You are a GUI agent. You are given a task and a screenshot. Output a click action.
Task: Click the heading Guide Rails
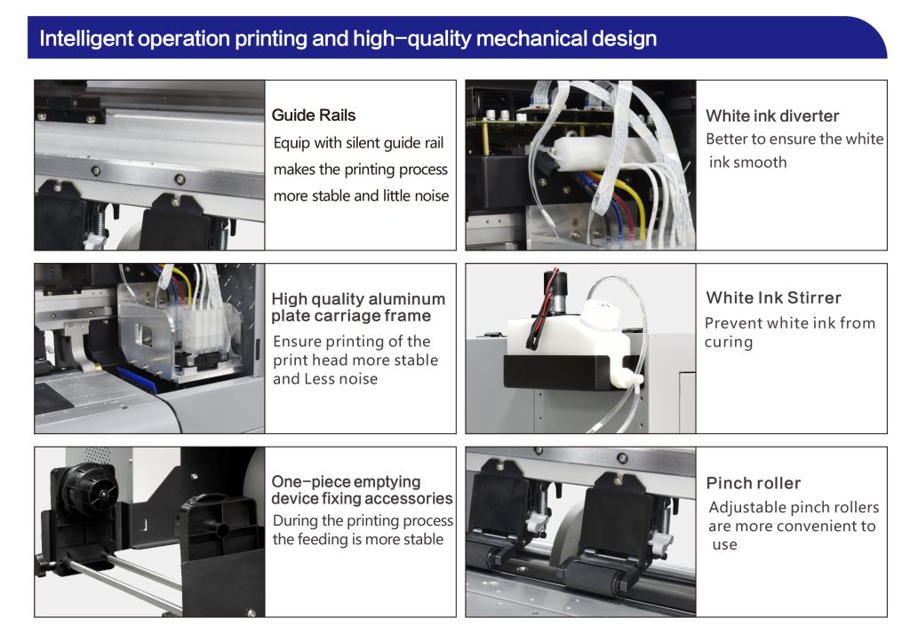(x=314, y=115)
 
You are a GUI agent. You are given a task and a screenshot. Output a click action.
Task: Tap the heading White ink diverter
(x=772, y=116)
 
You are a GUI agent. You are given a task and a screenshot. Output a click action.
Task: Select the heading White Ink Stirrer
(x=773, y=297)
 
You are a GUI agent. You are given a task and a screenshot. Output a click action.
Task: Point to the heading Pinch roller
(x=754, y=483)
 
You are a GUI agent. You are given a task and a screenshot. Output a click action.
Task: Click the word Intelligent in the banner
(x=86, y=39)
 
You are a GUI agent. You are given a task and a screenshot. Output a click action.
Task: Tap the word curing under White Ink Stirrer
(x=729, y=342)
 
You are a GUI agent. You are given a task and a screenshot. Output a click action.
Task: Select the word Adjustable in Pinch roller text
(x=739, y=508)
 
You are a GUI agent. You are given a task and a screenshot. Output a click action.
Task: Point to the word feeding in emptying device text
(x=322, y=540)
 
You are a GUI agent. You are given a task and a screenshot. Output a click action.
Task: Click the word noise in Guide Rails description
(x=430, y=196)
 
